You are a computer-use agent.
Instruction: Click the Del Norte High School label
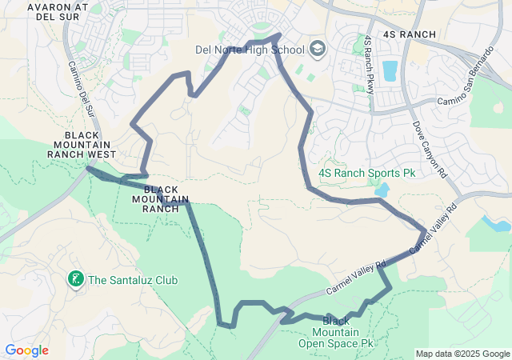click(x=250, y=50)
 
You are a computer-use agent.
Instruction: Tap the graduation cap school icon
click(x=317, y=50)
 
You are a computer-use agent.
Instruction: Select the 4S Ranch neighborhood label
click(x=410, y=34)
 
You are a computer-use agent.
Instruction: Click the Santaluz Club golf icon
click(x=76, y=279)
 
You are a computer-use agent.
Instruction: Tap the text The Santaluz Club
click(x=133, y=280)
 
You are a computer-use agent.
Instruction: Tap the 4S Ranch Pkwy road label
click(x=369, y=64)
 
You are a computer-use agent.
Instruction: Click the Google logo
click(x=26, y=350)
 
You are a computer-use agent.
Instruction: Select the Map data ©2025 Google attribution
click(x=462, y=354)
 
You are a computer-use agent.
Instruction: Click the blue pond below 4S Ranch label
click(x=390, y=71)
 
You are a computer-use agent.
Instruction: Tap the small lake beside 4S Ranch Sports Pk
click(x=381, y=190)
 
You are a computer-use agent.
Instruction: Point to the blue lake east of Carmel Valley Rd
click(x=496, y=223)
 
